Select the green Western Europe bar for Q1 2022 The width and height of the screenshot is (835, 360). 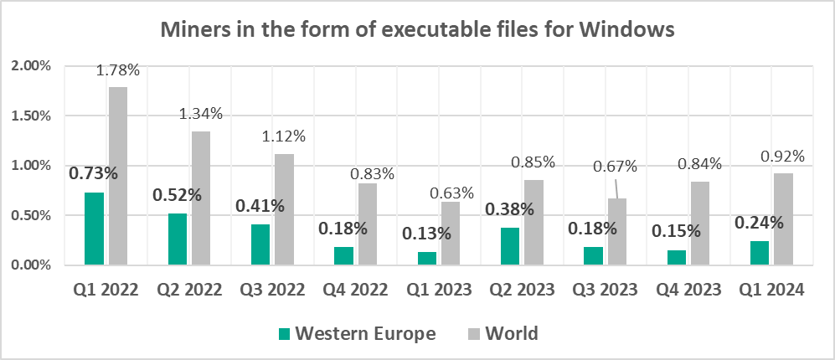95,229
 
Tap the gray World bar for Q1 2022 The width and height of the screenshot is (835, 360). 118,176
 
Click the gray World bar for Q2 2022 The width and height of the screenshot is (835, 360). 202,198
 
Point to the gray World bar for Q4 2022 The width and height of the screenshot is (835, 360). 368,224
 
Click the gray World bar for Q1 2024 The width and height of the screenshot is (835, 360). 783,219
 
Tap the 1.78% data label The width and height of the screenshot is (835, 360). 117,70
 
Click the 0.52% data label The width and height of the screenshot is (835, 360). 177,195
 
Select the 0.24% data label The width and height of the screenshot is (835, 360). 760,223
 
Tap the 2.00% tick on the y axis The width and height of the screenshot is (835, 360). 31,65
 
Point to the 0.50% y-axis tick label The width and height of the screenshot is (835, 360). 31,215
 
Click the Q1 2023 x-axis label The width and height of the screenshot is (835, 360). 440,290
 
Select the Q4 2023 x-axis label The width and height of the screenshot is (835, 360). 688,290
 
